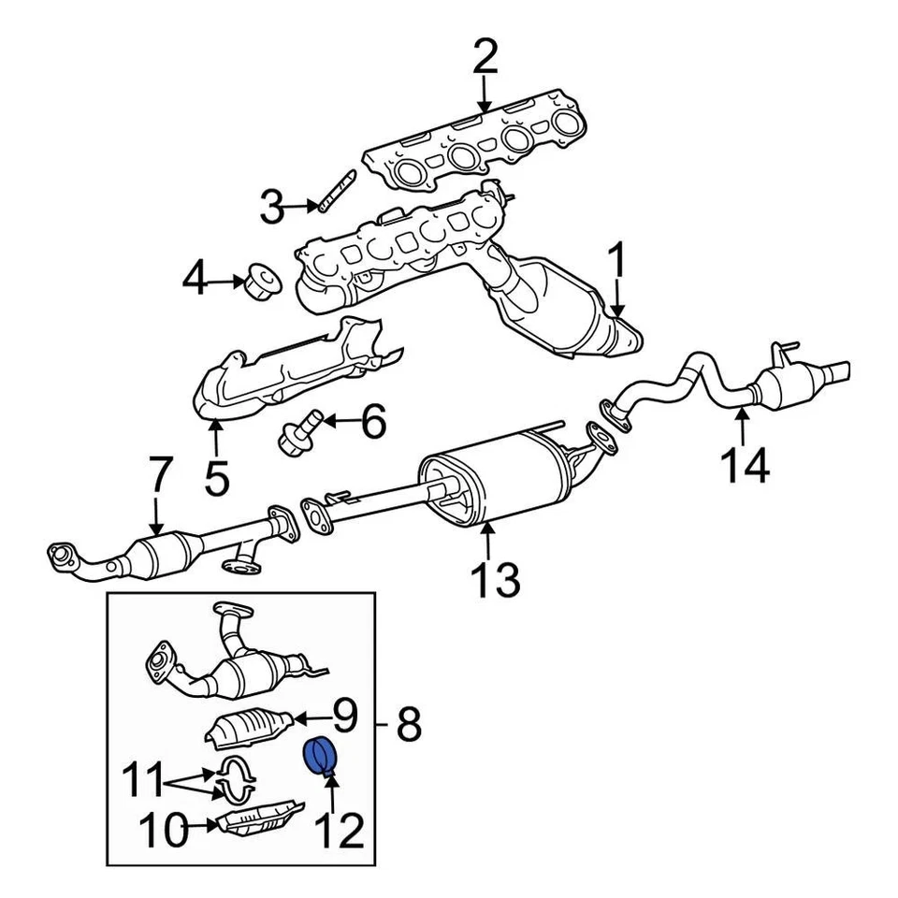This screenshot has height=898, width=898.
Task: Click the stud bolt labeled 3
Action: pos(335,192)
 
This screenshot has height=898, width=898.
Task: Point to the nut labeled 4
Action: pos(261,280)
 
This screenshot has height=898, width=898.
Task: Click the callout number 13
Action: pos(494,580)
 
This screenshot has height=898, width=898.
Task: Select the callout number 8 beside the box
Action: pos(408,724)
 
